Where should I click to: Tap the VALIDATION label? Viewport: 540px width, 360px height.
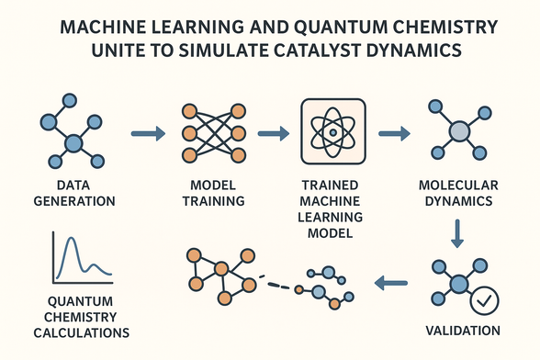click(464, 330)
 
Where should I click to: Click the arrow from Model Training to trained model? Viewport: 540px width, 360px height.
click(272, 135)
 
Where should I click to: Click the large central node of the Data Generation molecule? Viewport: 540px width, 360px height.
click(73, 143)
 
